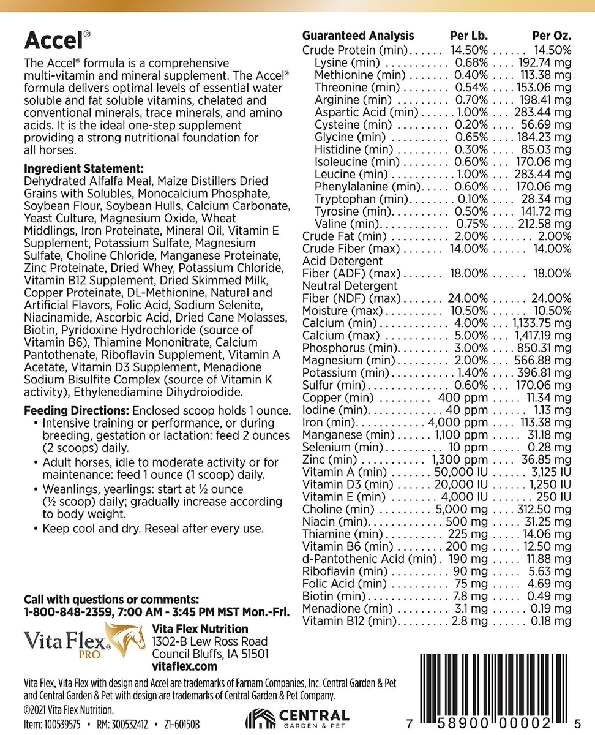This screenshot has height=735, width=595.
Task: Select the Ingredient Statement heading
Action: pyautogui.click(x=83, y=168)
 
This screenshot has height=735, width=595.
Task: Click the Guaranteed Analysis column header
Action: pyautogui.click(x=358, y=36)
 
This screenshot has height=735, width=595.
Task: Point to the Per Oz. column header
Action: pyautogui.click(x=552, y=36)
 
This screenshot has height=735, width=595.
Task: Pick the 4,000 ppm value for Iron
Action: pyautogui.click(x=458, y=423)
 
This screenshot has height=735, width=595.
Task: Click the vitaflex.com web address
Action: pyautogui.click(x=184, y=666)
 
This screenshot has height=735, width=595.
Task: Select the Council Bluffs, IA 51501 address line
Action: pyautogui.click(x=210, y=654)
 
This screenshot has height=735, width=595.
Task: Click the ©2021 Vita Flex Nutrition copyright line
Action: pyautogui.click(x=69, y=709)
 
